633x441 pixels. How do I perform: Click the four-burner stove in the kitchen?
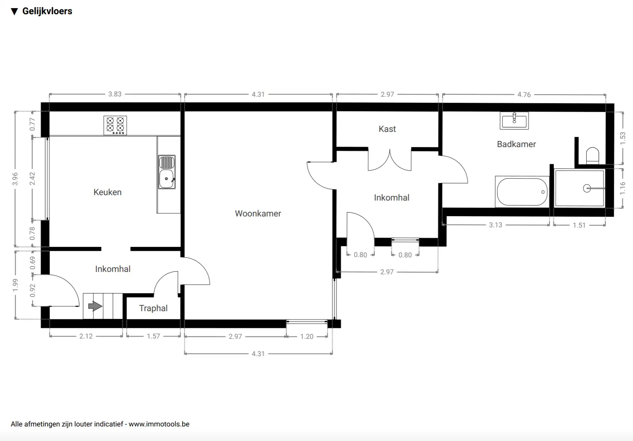coord(115,125)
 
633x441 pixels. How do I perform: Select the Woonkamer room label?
coord(258,214)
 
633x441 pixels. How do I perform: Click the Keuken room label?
coord(107,192)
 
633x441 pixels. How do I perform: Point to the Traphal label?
coord(153,308)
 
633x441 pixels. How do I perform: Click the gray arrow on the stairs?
coord(95,306)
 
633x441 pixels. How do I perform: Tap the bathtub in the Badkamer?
coord(522,192)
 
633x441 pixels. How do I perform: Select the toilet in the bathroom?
coord(592,156)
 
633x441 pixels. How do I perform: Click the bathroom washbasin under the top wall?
coord(514,120)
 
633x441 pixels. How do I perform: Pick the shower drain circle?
coord(587,189)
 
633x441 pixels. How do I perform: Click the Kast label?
coord(387,129)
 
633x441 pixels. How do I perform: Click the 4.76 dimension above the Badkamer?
coord(524,94)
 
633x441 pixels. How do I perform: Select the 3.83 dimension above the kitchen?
coord(114,94)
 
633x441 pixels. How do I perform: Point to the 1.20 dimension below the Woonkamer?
coord(307,336)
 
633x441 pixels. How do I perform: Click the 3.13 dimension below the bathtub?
coord(495,225)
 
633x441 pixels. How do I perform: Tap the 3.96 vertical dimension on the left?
coord(15,179)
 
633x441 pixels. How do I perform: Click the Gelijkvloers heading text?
coord(47,11)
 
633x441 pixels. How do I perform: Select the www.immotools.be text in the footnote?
coord(159,424)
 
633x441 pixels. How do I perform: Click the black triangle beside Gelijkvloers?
coord(14,11)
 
